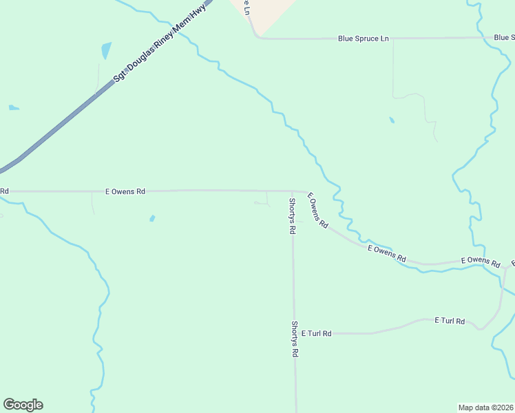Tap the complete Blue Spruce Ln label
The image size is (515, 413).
(x=363, y=39)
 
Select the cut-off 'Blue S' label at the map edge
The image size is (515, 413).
(x=504, y=37)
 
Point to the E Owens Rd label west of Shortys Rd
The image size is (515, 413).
(x=125, y=191)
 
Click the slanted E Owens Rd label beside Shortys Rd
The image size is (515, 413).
(x=317, y=211)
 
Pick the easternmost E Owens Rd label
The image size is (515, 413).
(x=480, y=261)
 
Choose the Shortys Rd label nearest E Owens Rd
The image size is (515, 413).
(x=292, y=216)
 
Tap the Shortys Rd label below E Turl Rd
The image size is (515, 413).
(x=294, y=339)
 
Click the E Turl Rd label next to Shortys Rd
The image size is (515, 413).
(x=316, y=333)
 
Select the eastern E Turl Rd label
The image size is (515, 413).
(x=450, y=321)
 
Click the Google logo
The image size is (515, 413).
(x=23, y=405)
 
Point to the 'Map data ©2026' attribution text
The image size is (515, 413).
(x=485, y=407)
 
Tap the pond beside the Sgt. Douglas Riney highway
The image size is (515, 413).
(x=105, y=50)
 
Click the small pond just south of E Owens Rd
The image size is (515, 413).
(x=152, y=219)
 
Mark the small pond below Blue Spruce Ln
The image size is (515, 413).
(x=392, y=120)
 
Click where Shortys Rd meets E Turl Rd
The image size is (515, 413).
(x=294, y=333)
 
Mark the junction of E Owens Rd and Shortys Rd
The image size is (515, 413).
(x=292, y=191)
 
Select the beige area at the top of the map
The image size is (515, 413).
(x=268, y=12)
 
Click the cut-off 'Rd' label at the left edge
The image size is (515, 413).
(x=4, y=191)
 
